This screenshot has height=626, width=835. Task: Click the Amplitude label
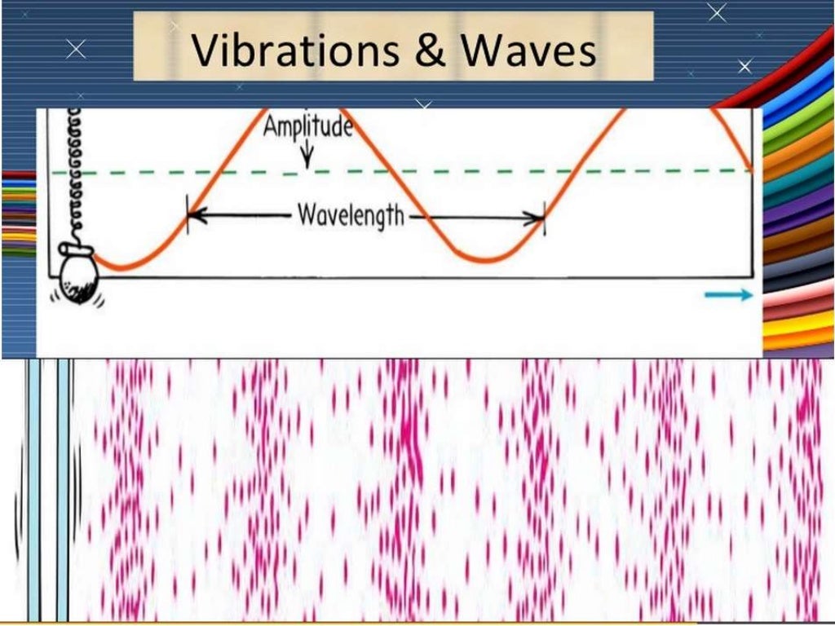307,127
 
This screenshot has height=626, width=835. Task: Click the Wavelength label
351,216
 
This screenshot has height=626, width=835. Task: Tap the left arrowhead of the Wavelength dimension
194,217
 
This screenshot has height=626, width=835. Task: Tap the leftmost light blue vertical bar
33,489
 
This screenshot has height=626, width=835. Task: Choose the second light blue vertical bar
63,489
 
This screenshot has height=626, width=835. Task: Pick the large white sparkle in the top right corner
718,12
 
